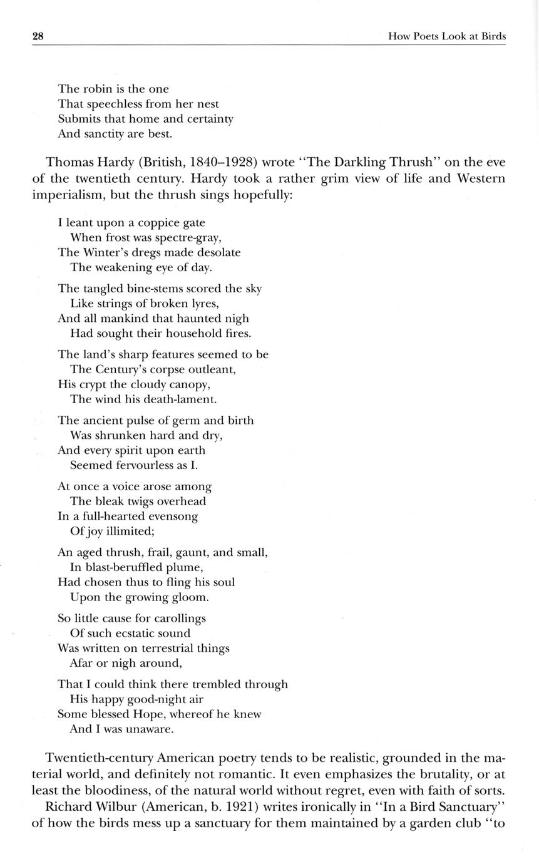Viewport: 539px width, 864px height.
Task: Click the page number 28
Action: point(38,36)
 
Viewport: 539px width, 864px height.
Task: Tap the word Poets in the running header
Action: point(425,37)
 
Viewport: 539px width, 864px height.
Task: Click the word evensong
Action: point(172,517)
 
